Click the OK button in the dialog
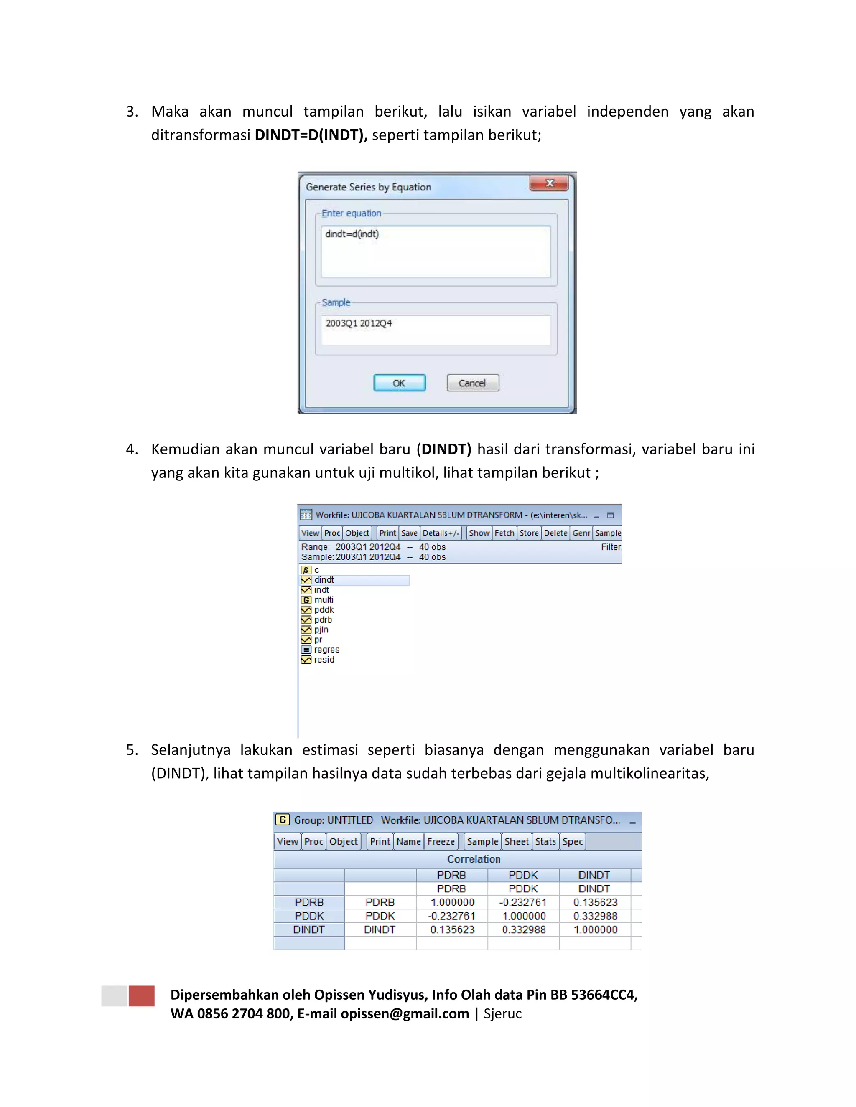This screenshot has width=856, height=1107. point(399,383)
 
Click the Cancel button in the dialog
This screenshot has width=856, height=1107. point(472,383)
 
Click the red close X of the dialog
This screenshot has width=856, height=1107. point(549,183)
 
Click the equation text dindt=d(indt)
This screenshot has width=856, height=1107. point(352,234)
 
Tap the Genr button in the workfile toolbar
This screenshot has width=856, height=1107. point(581,533)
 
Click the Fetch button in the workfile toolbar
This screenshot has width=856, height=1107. point(504,533)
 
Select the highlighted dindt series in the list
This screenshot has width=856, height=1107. point(324,580)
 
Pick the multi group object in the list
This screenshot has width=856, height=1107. point(324,599)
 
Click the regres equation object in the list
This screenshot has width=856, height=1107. point(326,650)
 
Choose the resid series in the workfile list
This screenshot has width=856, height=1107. point(324,660)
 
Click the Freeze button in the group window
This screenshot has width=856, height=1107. point(441,841)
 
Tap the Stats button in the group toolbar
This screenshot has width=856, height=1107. point(545,841)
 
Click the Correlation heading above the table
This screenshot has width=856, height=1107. point(474,859)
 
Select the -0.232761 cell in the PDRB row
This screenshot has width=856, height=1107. point(523,902)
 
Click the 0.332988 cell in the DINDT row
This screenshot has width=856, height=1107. point(524,929)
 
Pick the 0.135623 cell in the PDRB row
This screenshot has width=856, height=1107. point(595,902)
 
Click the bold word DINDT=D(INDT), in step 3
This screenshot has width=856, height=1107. point(311,135)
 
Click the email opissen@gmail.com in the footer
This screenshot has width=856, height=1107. point(405,1014)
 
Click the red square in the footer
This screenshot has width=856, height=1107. point(142,995)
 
